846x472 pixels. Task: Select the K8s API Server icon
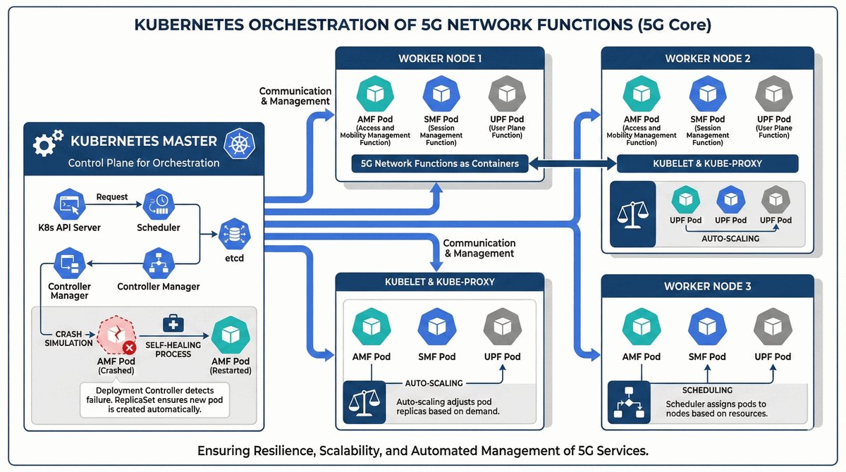click(x=68, y=204)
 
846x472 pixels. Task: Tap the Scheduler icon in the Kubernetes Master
click(x=158, y=204)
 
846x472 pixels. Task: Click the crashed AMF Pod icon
click(x=115, y=335)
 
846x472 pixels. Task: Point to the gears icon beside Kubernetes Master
click(x=48, y=143)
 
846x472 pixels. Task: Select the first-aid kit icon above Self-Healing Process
click(x=173, y=323)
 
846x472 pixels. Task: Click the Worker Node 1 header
click(x=439, y=58)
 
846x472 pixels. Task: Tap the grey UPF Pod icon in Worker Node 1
click(x=505, y=94)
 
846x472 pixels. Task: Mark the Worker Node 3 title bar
click(x=707, y=287)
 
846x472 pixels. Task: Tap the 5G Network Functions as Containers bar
click(x=439, y=163)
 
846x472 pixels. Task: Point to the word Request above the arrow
click(x=112, y=197)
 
